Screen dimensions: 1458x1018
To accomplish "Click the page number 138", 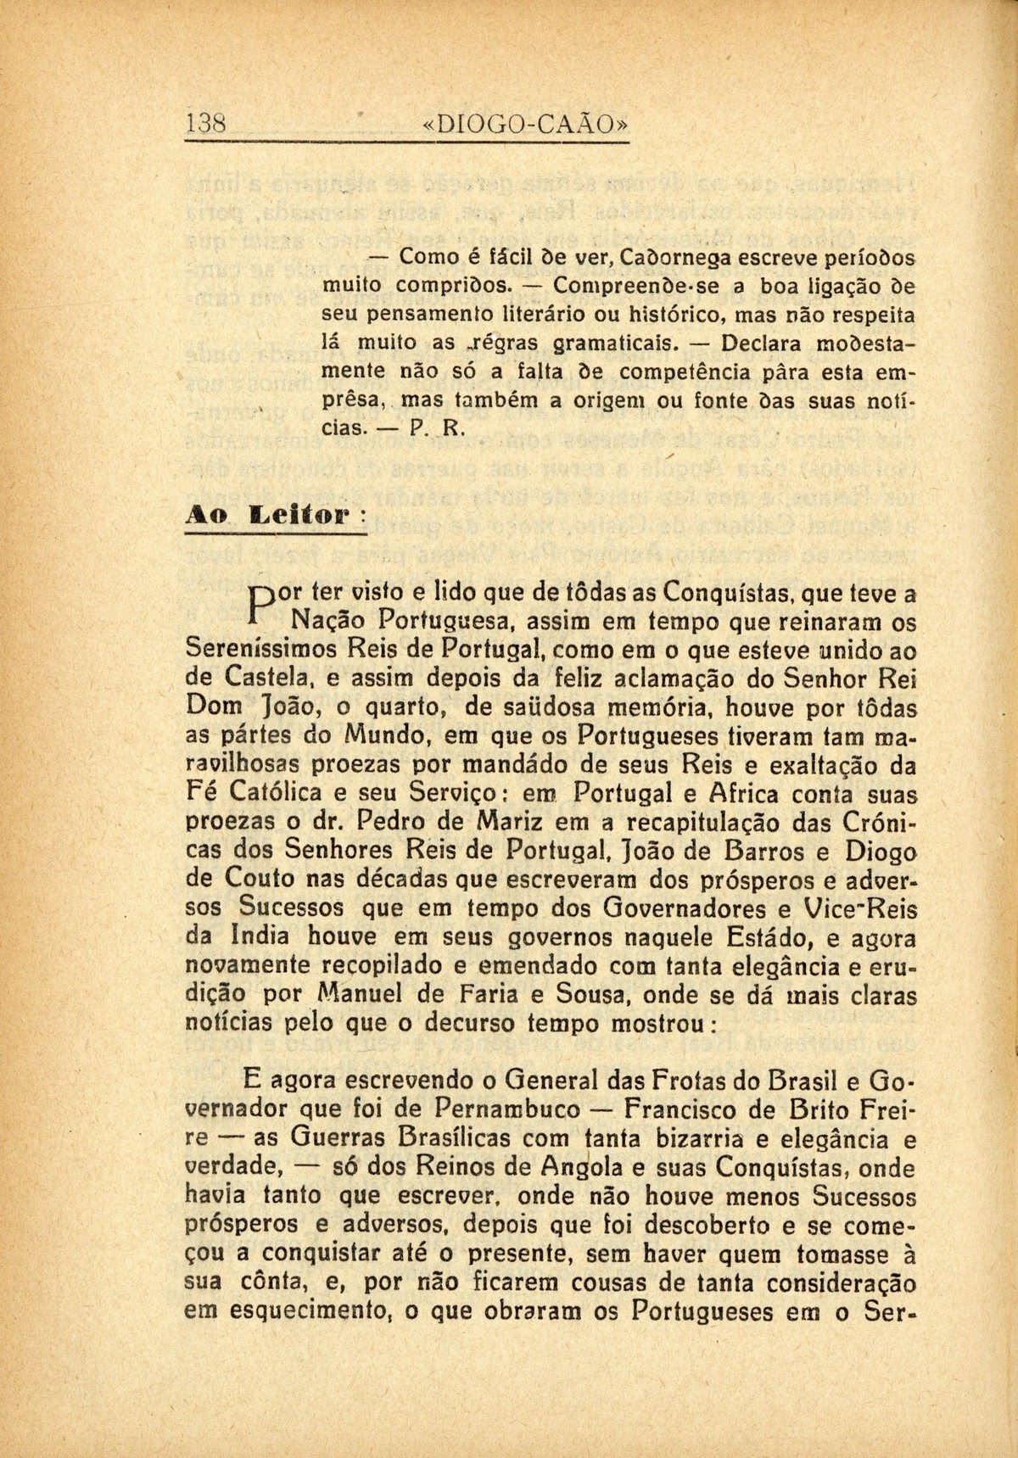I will [x=205, y=124].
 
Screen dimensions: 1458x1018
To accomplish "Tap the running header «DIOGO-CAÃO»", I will [x=526, y=124].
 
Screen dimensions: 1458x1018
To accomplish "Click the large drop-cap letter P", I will [x=263, y=601].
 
